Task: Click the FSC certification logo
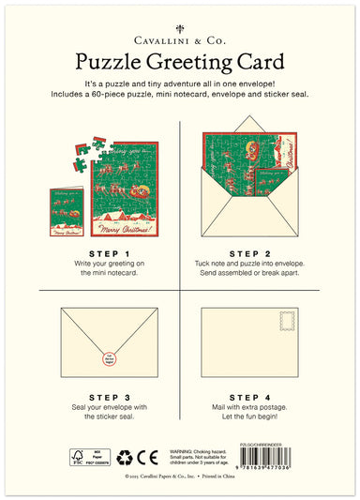point(77,458)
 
